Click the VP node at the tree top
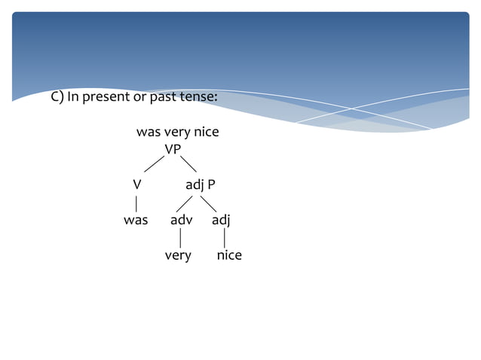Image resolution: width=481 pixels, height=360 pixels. tap(173, 149)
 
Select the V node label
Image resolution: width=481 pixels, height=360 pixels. tap(136, 185)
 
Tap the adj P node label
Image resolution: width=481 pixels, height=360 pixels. tap(201, 185)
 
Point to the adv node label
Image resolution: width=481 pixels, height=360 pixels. tap(181, 220)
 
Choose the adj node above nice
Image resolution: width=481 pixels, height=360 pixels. tap(221, 220)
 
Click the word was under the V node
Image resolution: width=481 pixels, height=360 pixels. tap(136, 220)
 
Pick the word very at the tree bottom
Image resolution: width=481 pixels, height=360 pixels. tap(178, 255)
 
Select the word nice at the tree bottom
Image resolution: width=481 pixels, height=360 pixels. tap(229, 255)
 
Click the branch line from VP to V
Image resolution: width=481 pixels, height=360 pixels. tap(155, 163)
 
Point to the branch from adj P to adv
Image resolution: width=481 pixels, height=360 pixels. tap(185, 203)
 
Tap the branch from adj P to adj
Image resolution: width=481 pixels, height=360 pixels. tap(209, 203)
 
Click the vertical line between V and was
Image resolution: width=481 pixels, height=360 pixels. tap(136, 203)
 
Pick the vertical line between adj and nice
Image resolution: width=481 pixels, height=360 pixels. tap(225, 238)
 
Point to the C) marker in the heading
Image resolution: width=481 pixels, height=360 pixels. tap(57, 98)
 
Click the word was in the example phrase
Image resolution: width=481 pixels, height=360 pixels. tap(147, 133)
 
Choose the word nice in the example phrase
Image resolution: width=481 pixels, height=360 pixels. tap(207, 133)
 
